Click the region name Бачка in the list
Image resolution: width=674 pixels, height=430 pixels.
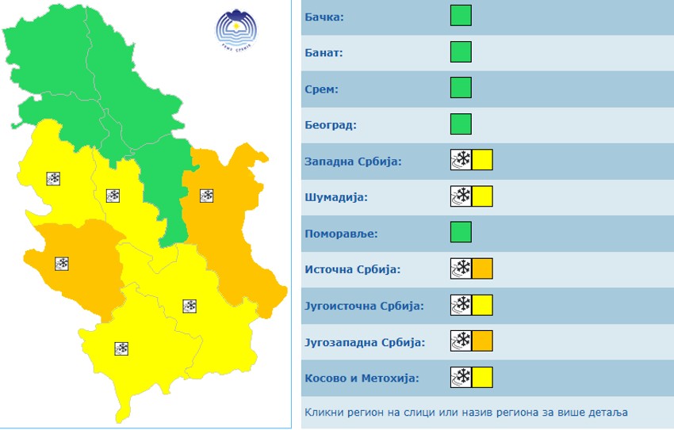324,17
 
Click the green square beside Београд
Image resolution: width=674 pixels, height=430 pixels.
461,124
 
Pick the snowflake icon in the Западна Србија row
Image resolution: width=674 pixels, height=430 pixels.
461,160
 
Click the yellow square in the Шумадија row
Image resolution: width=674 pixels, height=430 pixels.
482,196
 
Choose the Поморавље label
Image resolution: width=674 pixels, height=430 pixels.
341,234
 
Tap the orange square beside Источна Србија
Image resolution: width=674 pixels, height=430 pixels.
482,269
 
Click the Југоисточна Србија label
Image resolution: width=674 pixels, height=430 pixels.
364,306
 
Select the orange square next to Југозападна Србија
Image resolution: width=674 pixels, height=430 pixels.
482,342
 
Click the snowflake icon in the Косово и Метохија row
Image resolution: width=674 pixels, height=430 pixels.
461,378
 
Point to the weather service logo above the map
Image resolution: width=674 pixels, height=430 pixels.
237,30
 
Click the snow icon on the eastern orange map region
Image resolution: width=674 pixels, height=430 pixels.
207,195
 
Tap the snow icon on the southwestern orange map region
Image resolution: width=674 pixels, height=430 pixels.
62,264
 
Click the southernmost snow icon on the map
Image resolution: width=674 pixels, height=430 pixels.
121,348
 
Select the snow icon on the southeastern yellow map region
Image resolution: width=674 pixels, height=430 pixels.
190,306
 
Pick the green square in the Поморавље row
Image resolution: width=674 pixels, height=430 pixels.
461,232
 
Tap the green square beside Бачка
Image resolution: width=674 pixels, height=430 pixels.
461,15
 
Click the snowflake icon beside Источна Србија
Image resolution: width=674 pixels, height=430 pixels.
461,269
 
